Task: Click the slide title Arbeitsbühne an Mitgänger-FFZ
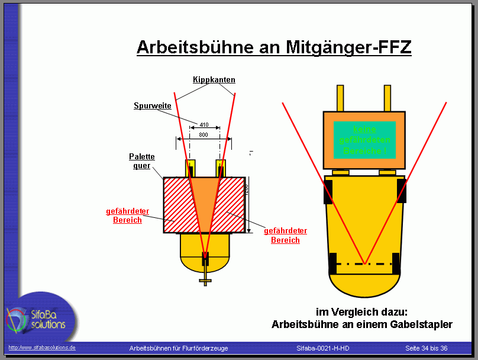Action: [274, 47]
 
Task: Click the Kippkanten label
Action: [214, 79]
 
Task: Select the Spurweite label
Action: [153, 106]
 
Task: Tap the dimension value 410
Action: [204, 125]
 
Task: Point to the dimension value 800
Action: [204, 135]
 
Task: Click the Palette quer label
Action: [142, 161]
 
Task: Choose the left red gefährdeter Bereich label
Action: [127, 216]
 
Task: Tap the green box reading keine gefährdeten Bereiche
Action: [364, 140]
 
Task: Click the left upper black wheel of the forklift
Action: [328, 191]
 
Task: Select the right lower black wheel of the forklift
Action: [396, 263]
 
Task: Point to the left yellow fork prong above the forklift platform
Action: [340, 98]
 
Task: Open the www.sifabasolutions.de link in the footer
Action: [42, 348]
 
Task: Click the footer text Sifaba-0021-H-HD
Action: [323, 348]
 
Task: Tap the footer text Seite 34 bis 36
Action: [426, 348]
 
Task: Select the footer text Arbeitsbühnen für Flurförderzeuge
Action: [179, 348]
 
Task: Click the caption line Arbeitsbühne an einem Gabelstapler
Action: [362, 324]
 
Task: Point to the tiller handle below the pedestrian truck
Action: [205, 278]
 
